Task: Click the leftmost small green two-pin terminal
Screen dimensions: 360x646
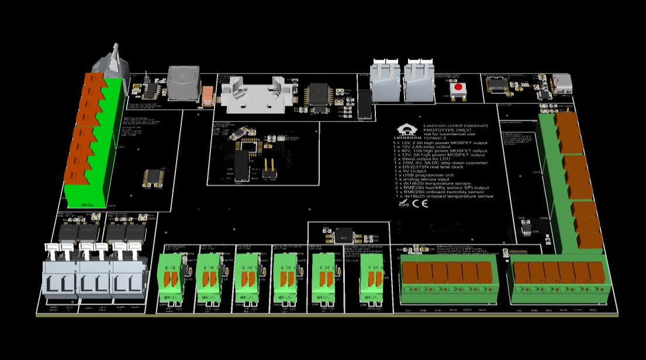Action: [x=171, y=278]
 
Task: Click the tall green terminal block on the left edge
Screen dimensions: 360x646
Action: [x=94, y=143]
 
